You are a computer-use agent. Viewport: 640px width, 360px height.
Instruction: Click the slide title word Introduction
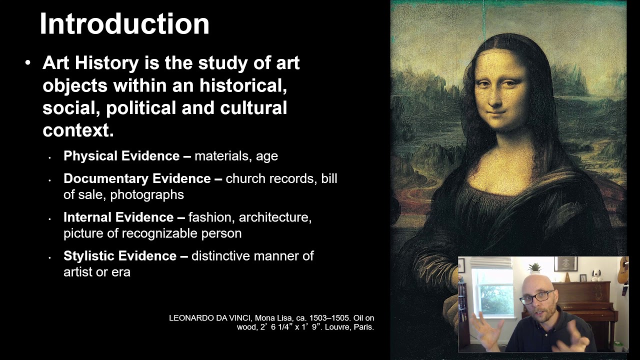tap(124, 24)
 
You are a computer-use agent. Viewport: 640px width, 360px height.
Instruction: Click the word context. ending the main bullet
tap(78, 130)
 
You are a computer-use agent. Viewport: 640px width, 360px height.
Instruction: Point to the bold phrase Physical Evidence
tap(121, 156)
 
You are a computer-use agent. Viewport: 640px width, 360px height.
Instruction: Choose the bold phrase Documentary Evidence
tap(137, 178)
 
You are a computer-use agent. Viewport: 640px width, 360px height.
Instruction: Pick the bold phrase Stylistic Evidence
tap(120, 256)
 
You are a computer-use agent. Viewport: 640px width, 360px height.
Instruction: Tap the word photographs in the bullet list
tap(147, 194)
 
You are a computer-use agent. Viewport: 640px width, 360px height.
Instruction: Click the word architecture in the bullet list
tap(275, 217)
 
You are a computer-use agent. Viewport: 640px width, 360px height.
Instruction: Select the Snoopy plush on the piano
tap(596, 275)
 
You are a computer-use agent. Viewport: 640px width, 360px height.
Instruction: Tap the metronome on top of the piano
tap(567, 276)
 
